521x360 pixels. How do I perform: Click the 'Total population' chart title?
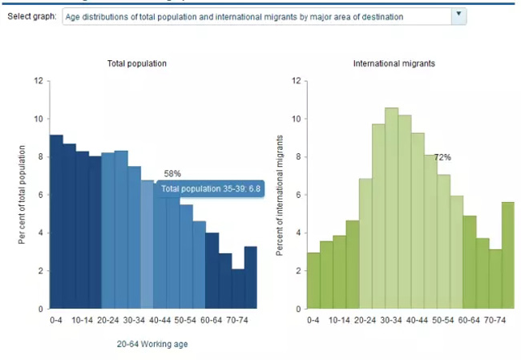point(137,63)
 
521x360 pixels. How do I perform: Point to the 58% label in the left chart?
point(172,173)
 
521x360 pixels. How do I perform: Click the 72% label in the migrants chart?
point(442,157)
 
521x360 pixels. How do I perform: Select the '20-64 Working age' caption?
point(152,344)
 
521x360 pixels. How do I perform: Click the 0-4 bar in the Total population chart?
point(56,224)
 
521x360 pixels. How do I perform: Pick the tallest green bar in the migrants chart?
point(392,208)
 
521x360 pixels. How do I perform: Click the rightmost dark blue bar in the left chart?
point(251,277)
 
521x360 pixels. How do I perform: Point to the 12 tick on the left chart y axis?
point(38,81)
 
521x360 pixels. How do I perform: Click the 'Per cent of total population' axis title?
point(22,195)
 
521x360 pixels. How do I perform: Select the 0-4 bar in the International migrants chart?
point(313,281)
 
